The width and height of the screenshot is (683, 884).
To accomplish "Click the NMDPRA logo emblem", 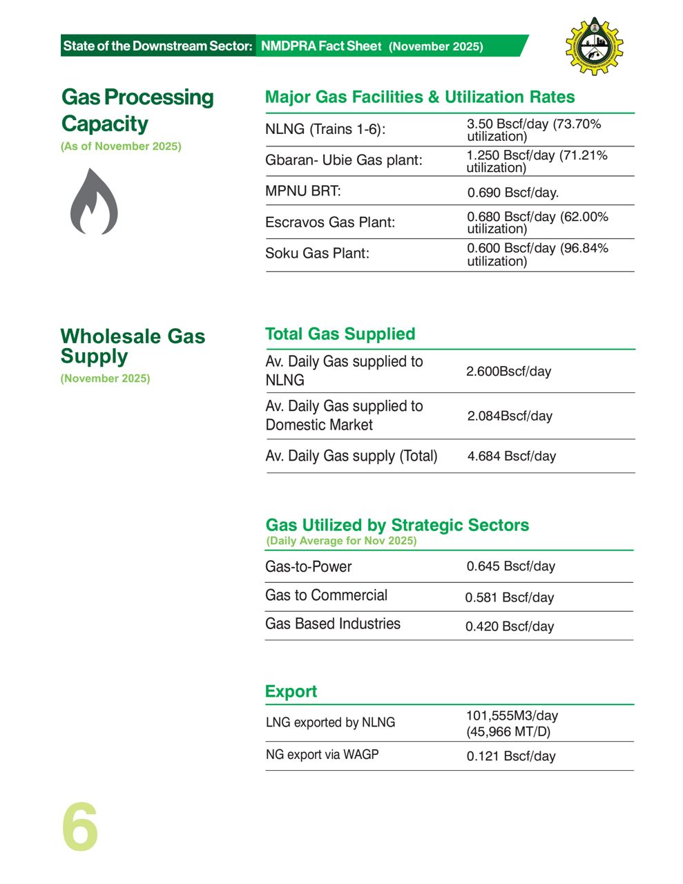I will [594, 46].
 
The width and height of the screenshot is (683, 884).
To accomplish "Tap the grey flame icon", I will [94, 202].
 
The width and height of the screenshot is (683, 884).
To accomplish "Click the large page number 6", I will [80, 827].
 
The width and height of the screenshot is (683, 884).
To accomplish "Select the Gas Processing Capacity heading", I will [137, 110].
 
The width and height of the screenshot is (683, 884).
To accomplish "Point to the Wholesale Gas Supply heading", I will [133, 346].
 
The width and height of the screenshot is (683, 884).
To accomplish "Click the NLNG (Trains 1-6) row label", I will [325, 129].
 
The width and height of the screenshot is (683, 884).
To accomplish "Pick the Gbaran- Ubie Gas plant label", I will [343, 160].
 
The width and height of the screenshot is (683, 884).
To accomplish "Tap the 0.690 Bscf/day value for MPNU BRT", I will [512, 193].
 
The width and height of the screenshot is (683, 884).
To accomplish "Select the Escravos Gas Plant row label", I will [330, 222].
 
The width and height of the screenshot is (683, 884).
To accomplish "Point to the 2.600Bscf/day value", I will [508, 372].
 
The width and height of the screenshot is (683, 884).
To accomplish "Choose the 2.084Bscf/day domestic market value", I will [510, 416].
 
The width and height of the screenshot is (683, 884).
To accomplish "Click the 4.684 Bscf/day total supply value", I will [511, 456].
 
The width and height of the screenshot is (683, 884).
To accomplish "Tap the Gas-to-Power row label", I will [309, 566].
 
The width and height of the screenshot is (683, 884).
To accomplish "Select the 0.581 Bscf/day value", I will [509, 597].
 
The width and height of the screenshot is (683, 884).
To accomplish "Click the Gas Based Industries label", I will [333, 624].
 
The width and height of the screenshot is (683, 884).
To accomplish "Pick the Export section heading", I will [291, 691].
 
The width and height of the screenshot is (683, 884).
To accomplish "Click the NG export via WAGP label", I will [323, 755].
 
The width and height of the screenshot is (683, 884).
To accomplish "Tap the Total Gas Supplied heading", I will [340, 334].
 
